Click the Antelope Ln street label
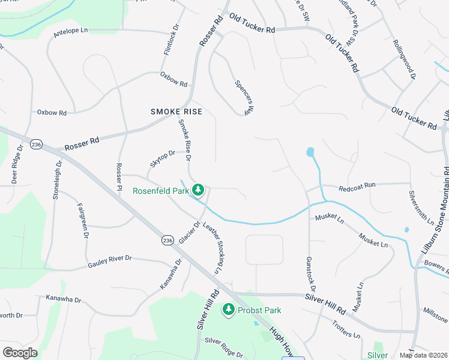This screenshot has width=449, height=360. tap(70, 29)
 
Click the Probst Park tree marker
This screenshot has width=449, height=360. tap(228, 310)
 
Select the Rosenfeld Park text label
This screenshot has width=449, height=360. tap(160, 191)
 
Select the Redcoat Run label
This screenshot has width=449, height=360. tap(357, 186)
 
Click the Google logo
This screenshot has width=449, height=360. tap(20, 353)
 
